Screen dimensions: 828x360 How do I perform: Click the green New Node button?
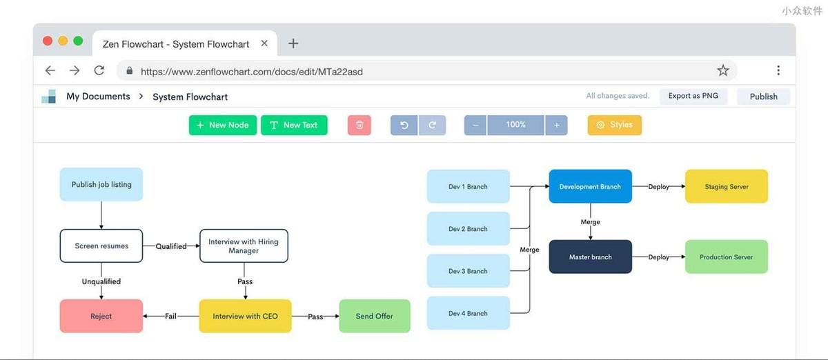point(222,125)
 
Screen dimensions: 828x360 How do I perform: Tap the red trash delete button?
point(359,125)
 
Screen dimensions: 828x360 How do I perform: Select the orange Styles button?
point(615,125)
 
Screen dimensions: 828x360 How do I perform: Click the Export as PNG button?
point(693,96)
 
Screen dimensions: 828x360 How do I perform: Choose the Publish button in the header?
point(763,97)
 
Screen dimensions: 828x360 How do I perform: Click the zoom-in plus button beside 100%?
point(556,125)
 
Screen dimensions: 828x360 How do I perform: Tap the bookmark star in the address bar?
point(723,70)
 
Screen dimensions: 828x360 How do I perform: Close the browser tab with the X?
point(264,43)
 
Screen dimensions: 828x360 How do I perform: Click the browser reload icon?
point(99,70)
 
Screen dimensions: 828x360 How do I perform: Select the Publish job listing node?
point(101,184)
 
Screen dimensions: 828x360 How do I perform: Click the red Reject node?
point(101,316)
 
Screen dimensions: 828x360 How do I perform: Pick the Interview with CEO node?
point(245,316)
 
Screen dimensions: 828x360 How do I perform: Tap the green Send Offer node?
point(375,316)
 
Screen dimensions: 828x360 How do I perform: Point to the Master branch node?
point(591,257)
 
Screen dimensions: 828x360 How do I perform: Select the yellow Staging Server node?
point(727,186)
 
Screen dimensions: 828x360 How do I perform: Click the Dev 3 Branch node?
point(469,271)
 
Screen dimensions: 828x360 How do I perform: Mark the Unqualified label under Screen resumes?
point(101,281)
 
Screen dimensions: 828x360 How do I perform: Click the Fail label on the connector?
point(170,316)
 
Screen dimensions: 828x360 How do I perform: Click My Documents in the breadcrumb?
point(98,97)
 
